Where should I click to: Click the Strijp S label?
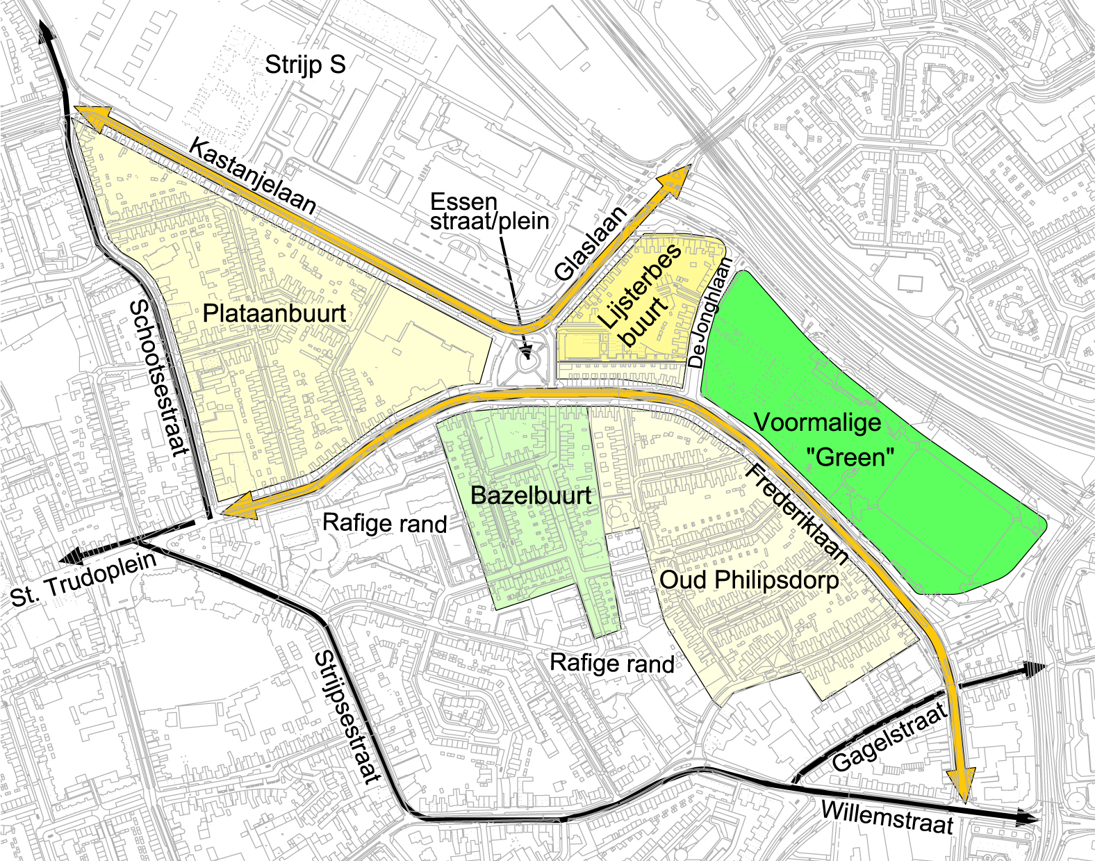coord(305,65)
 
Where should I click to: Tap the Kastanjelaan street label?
coord(252,177)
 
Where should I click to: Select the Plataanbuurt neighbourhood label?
coord(274,313)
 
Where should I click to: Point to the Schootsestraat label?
coord(159,378)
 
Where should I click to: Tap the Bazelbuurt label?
coord(531,495)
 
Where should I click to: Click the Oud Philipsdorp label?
coord(749,580)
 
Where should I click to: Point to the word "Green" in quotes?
coord(850,457)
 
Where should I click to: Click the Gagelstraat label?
coord(889,737)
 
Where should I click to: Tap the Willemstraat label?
coord(887,817)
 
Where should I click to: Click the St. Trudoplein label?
coord(83,580)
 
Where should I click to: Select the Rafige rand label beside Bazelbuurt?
coord(384,523)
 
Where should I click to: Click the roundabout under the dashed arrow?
coord(527,359)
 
